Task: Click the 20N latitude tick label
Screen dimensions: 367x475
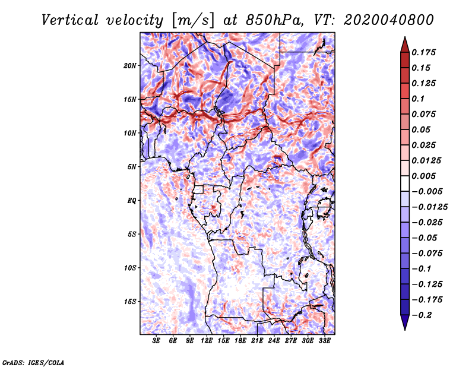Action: pos(130,65)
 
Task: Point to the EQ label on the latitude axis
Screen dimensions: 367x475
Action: pos(131,201)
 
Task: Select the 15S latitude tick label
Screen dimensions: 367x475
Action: pos(130,302)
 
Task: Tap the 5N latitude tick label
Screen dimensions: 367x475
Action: pos(132,167)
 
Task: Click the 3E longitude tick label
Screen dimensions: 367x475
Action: pos(157,341)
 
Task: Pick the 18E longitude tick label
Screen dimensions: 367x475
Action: pos(240,341)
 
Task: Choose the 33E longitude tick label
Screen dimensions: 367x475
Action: pos(324,341)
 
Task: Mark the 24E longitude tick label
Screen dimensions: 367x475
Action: pos(274,341)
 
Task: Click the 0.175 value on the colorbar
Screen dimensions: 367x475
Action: pos(425,52)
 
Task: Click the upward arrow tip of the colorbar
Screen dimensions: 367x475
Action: pos(404,39)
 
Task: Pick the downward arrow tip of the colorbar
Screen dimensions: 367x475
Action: pos(404,328)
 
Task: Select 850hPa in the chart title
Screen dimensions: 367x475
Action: pos(270,20)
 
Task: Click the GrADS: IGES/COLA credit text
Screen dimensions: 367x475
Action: pos(33,362)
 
